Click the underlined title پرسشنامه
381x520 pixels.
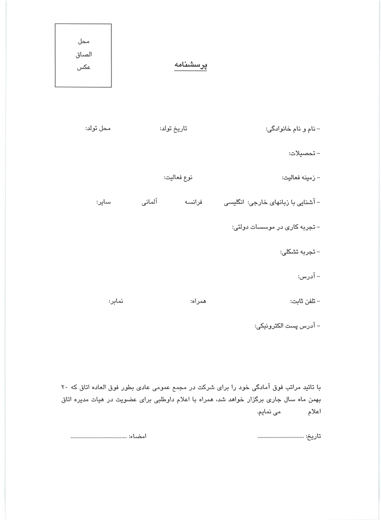(190, 66)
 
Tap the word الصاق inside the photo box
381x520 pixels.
(83, 54)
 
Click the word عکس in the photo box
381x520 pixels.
(83, 68)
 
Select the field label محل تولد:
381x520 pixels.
(98, 128)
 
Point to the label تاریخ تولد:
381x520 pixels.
(173, 128)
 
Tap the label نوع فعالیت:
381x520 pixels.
(179, 177)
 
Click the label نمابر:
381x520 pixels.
(116, 302)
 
